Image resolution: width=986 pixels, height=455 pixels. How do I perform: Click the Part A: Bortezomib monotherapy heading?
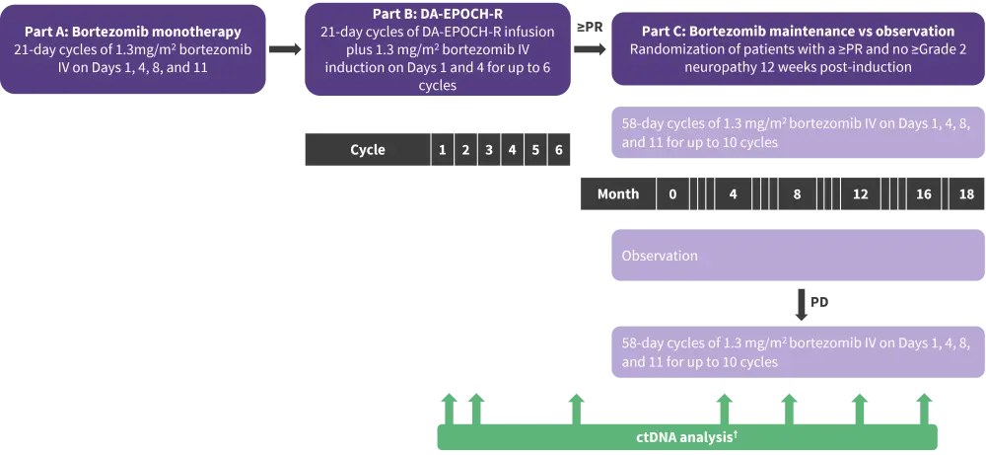click(133, 31)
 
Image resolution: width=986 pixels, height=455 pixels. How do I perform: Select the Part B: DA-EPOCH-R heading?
click(438, 13)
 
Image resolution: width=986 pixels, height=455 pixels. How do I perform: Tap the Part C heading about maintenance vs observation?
click(792, 31)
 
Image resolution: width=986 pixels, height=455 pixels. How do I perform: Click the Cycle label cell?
click(367, 150)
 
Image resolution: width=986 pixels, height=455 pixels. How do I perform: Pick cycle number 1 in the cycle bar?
click(441, 150)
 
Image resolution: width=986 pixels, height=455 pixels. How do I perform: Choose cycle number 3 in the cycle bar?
click(488, 150)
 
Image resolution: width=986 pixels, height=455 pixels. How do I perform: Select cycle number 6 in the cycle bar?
click(559, 150)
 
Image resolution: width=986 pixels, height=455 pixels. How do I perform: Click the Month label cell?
click(618, 193)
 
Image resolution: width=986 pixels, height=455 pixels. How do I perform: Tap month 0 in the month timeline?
click(671, 193)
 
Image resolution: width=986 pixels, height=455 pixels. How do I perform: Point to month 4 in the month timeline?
click(733, 193)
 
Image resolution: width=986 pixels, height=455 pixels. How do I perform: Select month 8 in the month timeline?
click(797, 193)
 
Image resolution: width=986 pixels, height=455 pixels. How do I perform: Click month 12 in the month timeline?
click(860, 193)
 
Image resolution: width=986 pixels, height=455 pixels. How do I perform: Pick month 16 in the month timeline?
click(923, 193)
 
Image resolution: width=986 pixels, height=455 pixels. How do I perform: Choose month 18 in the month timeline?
click(965, 193)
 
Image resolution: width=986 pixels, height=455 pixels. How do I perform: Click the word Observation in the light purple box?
click(660, 256)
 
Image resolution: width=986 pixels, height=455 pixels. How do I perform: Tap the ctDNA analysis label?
click(684, 436)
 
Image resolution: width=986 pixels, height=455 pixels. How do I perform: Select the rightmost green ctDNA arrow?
click(924, 404)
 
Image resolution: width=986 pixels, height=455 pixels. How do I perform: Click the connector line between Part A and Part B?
click(284, 46)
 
